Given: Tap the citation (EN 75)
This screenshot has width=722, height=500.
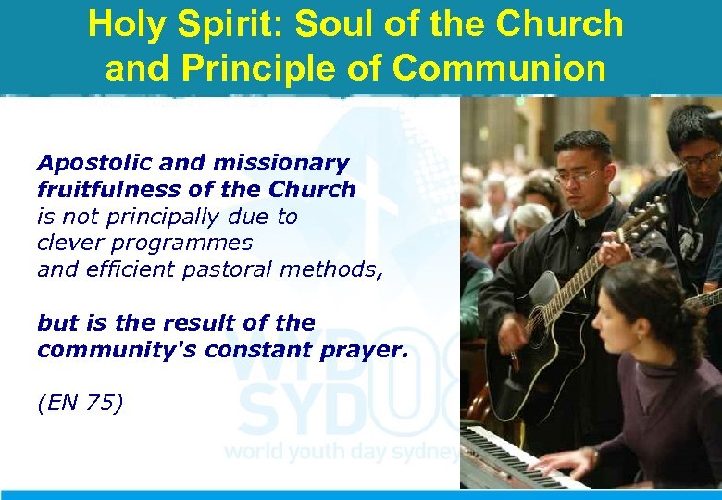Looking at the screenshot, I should (x=80, y=403).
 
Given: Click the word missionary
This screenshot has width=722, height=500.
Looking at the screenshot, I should (x=281, y=164).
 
